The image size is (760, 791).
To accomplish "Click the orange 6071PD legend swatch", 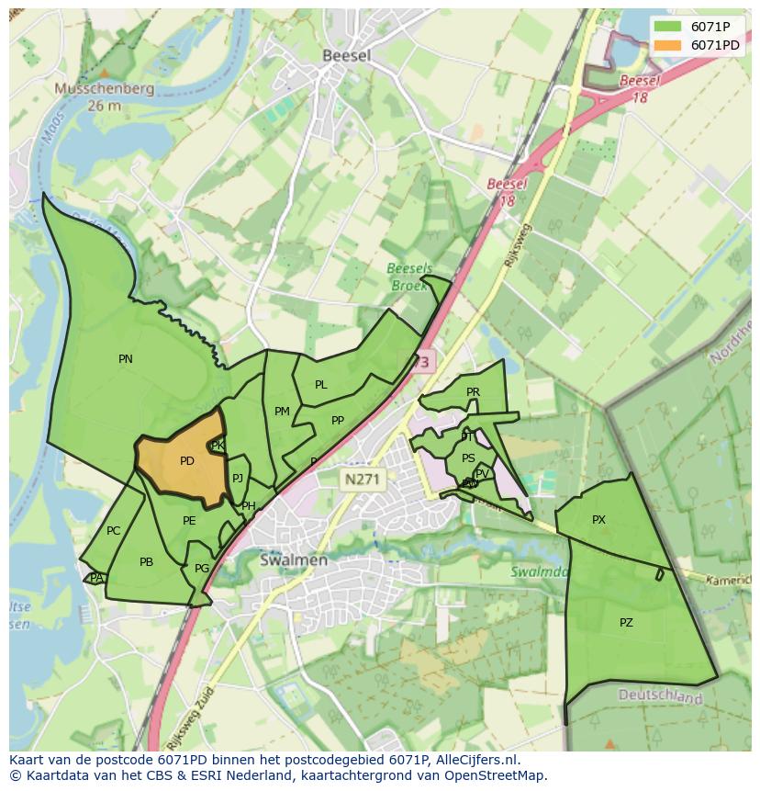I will click(x=667, y=45).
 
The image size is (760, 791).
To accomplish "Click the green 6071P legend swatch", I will click(x=667, y=27).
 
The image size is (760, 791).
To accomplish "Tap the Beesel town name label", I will click(x=347, y=56).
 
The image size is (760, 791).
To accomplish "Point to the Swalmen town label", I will click(x=294, y=559).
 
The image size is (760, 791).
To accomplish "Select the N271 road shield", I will click(x=363, y=479).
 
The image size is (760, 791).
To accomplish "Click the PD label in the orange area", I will click(x=187, y=461).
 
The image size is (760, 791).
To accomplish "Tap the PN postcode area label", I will click(x=126, y=359).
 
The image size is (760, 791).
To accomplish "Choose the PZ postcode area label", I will click(x=626, y=622).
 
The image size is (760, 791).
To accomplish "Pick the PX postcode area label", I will click(x=598, y=520).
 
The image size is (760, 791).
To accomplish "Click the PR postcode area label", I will click(x=473, y=392).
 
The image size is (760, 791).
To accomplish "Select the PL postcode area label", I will click(x=321, y=385).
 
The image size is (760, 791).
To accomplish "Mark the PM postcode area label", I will click(x=282, y=412).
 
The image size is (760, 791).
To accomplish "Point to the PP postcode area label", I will click(x=338, y=421).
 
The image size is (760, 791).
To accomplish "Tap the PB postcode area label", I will click(x=146, y=562).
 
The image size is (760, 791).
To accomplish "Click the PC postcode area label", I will click(x=113, y=531).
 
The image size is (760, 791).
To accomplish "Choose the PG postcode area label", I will click(x=202, y=569).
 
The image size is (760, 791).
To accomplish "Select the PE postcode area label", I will click(x=189, y=521).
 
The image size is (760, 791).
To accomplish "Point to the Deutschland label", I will click(x=660, y=697).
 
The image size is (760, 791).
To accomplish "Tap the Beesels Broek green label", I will click(x=408, y=277).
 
